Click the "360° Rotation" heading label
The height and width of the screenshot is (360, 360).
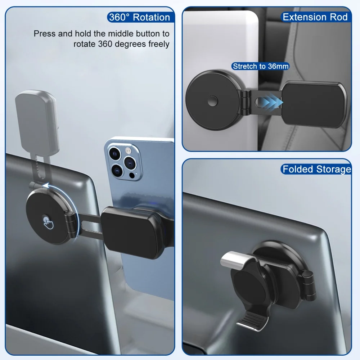point(139,17)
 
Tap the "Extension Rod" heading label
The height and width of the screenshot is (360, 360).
point(315,17)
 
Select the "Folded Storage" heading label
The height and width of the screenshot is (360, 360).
point(316,169)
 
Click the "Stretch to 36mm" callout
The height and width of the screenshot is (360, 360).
point(260,66)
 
